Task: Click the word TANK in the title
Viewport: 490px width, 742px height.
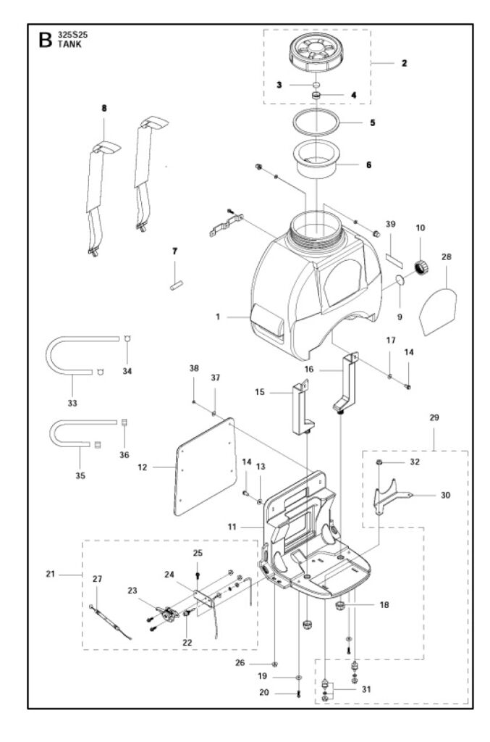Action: pyautogui.click(x=69, y=44)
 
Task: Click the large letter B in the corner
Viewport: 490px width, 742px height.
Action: pyautogui.click(x=46, y=40)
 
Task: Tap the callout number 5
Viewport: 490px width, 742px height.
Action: pyautogui.click(x=372, y=122)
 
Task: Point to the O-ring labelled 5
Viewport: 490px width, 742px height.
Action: pyautogui.click(x=315, y=122)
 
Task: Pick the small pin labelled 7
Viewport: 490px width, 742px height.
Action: pyautogui.click(x=177, y=285)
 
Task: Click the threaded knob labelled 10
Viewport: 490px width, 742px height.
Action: pyautogui.click(x=421, y=268)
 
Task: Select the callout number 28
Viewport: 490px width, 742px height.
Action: pyautogui.click(x=447, y=257)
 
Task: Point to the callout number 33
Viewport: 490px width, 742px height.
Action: pyautogui.click(x=72, y=403)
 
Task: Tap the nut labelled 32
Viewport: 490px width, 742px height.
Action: pyautogui.click(x=379, y=462)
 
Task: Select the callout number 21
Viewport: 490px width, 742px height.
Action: pyautogui.click(x=51, y=574)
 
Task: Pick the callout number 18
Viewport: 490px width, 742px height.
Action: pyautogui.click(x=384, y=605)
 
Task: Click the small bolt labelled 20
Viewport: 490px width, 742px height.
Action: pyautogui.click(x=298, y=694)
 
